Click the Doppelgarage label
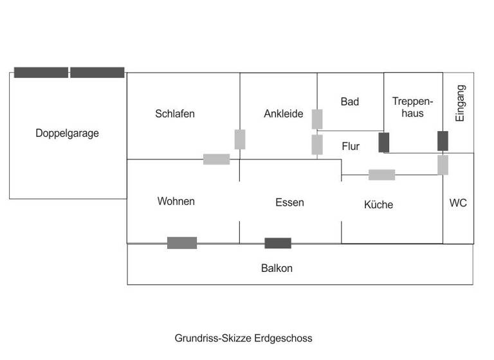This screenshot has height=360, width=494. pyautogui.click(x=68, y=134)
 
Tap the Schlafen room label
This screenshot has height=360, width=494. pyautogui.click(x=174, y=114)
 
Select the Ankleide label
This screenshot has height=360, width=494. pyautogui.click(x=284, y=114)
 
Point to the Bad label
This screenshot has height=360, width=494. pyautogui.click(x=350, y=102)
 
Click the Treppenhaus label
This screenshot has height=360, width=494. pyautogui.click(x=412, y=107)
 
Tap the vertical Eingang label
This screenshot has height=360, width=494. pyautogui.click(x=460, y=104)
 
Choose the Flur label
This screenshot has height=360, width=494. pyautogui.click(x=351, y=147)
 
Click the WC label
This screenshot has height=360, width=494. pyautogui.click(x=458, y=203)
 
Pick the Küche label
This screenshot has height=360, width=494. pyautogui.click(x=378, y=204)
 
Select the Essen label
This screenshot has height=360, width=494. pyautogui.click(x=289, y=203)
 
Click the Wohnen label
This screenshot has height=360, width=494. pyautogui.click(x=176, y=201)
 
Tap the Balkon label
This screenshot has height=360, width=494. pyautogui.click(x=277, y=268)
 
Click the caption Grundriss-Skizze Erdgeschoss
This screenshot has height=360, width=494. pyautogui.click(x=243, y=337)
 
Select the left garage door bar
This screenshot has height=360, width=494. pyautogui.click(x=41, y=73)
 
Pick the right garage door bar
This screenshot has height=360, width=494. pyautogui.click(x=97, y=73)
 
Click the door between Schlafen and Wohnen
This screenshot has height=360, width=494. pyautogui.click(x=216, y=159)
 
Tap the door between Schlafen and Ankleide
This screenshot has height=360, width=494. pyautogui.click(x=240, y=139)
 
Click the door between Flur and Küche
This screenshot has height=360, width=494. pyautogui.click(x=381, y=174)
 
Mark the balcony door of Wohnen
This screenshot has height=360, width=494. pyautogui.click(x=182, y=242)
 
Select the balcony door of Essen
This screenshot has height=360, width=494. pyautogui.click(x=278, y=243)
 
